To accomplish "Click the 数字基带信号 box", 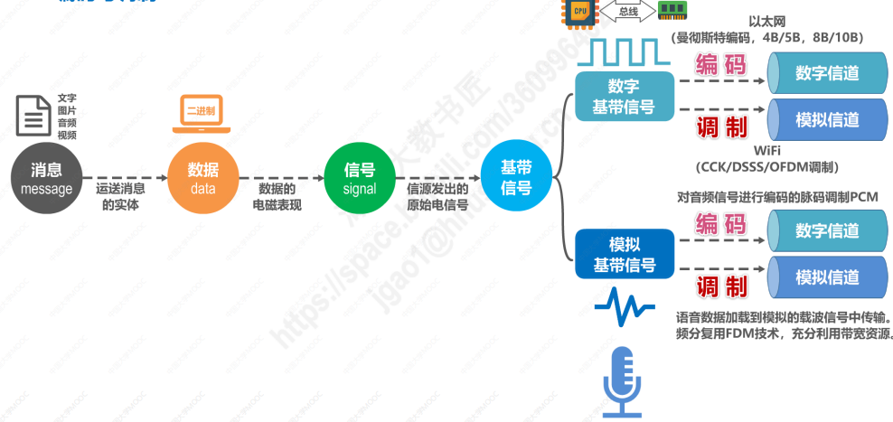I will pyautogui.click(x=623, y=98).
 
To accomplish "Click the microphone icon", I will pyautogui.click(x=623, y=380).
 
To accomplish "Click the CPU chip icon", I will pyautogui.click(x=579, y=11).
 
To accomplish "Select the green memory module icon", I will pyautogui.click(x=670, y=11).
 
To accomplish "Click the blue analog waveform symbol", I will pyautogui.click(x=625, y=307).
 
